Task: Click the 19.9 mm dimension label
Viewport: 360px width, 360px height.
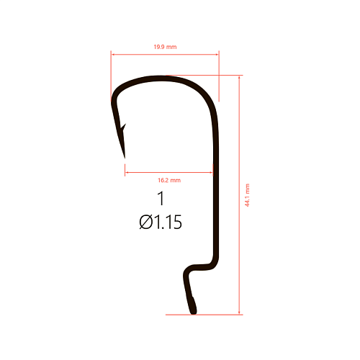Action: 165,47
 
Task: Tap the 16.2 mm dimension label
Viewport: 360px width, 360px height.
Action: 169,180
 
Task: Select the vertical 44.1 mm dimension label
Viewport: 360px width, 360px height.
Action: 247,195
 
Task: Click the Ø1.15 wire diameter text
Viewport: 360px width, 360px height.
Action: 161,222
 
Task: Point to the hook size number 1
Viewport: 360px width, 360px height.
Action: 161,199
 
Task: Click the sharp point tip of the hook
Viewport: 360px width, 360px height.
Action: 125,158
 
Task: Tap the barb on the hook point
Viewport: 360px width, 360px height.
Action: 123,127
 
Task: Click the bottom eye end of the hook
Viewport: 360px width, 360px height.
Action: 194,312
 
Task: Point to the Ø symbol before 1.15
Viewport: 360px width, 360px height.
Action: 146,222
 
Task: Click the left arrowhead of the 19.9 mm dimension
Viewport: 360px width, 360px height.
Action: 113,55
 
